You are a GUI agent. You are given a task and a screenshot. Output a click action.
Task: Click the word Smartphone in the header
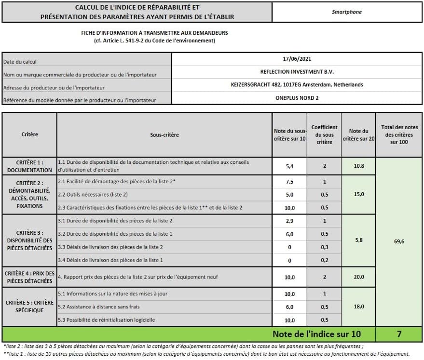(x=346, y=12)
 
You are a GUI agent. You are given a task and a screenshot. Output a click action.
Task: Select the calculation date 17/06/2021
(x=297, y=59)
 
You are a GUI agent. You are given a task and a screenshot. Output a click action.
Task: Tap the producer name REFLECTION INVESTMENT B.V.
(x=297, y=71)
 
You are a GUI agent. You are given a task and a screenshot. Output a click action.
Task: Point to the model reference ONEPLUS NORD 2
(x=297, y=97)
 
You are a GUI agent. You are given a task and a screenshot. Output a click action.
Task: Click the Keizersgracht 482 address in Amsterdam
(x=297, y=84)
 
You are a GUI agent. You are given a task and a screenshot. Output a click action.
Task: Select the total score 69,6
(x=398, y=241)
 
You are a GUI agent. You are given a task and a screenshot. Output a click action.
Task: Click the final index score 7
(x=399, y=333)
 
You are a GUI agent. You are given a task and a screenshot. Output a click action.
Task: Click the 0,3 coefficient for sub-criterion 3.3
(x=324, y=247)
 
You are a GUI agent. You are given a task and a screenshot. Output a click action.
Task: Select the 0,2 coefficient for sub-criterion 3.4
(x=324, y=260)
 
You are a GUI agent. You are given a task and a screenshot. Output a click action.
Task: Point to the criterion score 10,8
(x=358, y=166)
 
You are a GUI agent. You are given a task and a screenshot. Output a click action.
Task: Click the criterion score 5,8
(x=358, y=240)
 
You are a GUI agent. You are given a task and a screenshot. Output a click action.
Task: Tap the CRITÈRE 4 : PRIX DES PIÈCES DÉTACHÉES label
(x=29, y=277)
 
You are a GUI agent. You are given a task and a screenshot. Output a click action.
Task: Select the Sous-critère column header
(x=164, y=134)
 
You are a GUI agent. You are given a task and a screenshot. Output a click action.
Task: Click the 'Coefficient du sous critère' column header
(x=324, y=134)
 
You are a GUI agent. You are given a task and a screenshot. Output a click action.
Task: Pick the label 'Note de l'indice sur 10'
(x=316, y=333)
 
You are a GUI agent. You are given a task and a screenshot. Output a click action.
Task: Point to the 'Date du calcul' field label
(x=20, y=62)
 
